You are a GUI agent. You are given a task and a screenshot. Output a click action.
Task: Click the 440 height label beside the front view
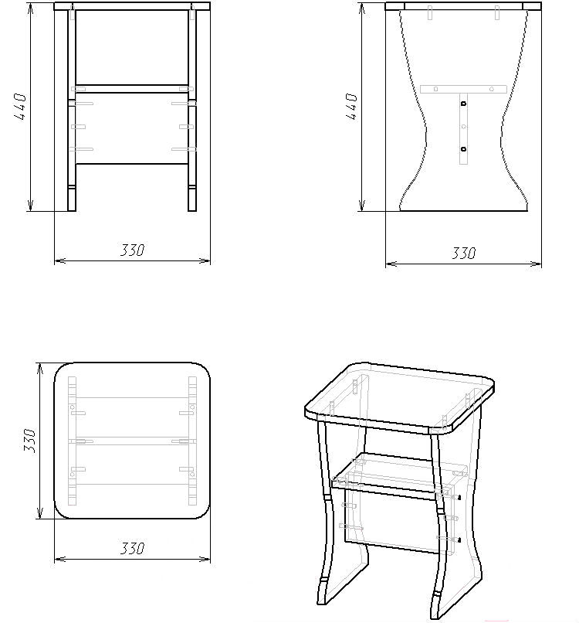click(x=20, y=107)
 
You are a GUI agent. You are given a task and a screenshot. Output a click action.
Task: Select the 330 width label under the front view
click(x=133, y=250)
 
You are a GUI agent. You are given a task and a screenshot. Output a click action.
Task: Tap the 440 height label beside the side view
click(x=351, y=107)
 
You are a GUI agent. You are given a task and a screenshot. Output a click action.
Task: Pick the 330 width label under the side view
click(x=463, y=253)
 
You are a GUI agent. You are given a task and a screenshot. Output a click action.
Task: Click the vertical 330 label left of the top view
click(x=30, y=441)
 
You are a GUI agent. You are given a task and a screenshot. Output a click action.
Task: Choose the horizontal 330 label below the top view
click(x=133, y=549)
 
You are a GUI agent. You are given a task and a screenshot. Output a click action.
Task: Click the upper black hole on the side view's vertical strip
click(x=463, y=104)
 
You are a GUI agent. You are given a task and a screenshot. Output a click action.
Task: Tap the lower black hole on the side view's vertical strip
click(x=463, y=149)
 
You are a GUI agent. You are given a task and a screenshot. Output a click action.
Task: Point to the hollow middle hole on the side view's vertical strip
click(x=463, y=127)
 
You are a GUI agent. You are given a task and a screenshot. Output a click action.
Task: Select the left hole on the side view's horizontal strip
click(x=435, y=89)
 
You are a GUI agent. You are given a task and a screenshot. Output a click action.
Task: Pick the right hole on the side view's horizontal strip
click(x=492, y=89)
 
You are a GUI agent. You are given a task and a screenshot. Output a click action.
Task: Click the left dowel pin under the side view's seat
click(x=430, y=12)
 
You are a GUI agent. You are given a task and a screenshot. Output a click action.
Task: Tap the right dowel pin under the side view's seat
click(x=497, y=12)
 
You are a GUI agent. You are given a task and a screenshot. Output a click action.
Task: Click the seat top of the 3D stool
click(x=400, y=397)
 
